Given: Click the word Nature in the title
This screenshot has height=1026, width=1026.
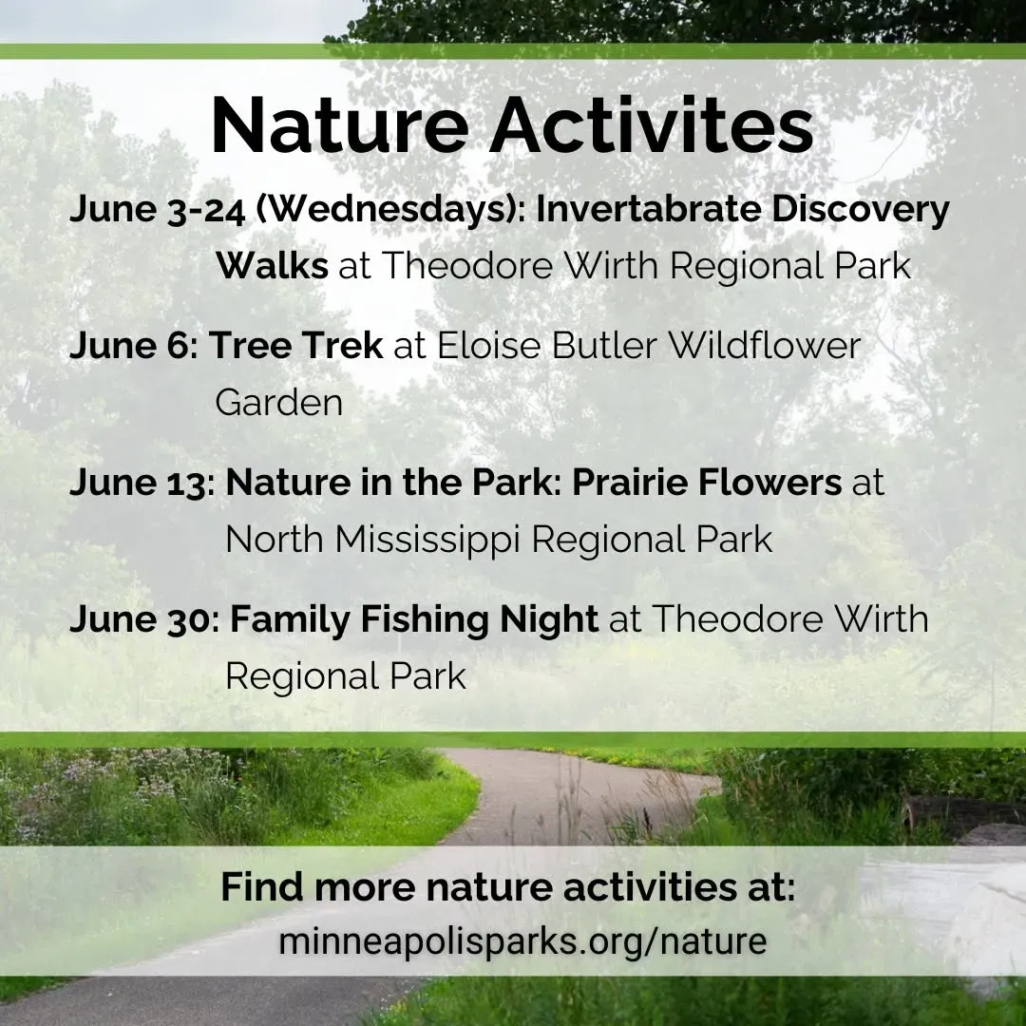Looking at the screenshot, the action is click(x=340, y=124).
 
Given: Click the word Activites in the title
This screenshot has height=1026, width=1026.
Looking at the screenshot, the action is click(x=652, y=124).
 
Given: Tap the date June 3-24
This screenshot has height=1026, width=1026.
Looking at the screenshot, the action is click(x=157, y=211).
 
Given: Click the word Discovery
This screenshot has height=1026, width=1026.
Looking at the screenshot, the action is click(x=861, y=211).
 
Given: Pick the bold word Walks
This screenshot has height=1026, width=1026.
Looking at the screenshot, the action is click(x=273, y=266).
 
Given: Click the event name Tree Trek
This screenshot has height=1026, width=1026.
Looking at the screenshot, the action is click(x=295, y=345).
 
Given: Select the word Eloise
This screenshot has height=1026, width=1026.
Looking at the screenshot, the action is click(x=489, y=345).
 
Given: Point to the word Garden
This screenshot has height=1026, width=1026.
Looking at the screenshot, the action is click(x=278, y=403).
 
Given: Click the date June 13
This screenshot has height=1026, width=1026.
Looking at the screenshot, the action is click(x=138, y=483).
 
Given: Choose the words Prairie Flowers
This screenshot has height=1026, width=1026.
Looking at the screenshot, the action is click(x=707, y=483).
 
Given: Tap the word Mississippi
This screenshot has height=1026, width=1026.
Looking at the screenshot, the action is click(x=427, y=540).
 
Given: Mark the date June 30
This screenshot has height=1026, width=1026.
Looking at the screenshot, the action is click(x=140, y=619).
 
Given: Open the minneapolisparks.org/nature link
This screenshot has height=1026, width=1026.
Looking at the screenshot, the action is click(x=522, y=941).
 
